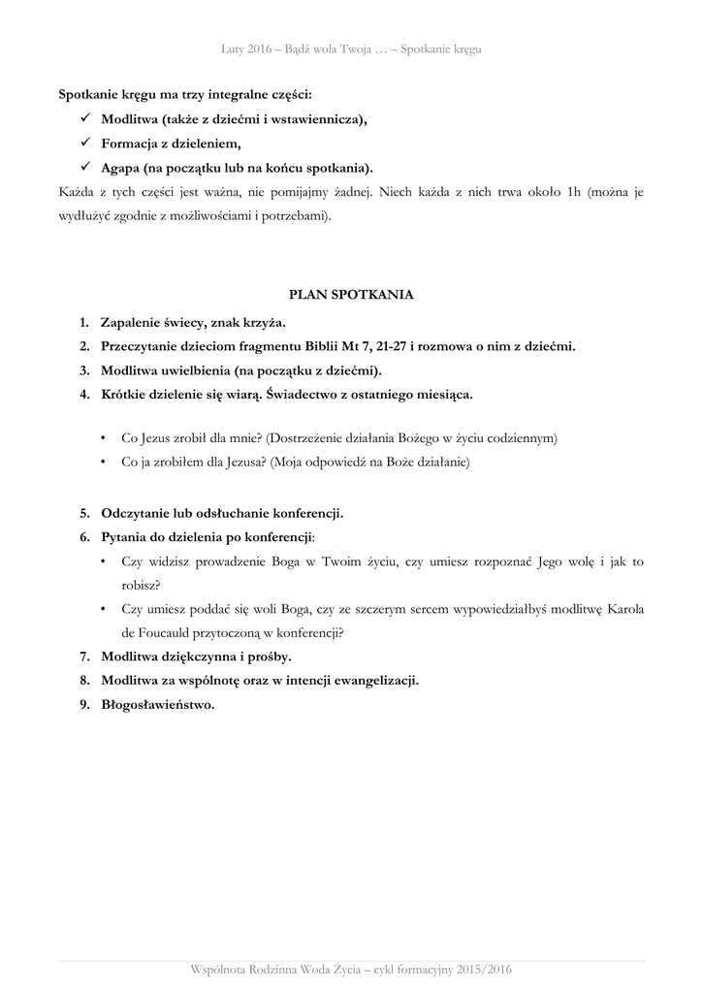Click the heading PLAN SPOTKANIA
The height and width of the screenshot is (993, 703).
[351, 294]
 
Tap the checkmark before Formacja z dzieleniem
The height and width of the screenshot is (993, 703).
[85, 144]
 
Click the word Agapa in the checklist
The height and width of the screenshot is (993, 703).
[121, 168]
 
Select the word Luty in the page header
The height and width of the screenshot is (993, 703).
[234, 49]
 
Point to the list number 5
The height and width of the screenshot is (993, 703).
[84, 512]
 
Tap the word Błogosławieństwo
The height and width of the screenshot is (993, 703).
[157, 705]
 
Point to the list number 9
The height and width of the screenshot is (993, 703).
[84, 705]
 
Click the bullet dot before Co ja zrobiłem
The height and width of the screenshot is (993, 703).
[104, 464]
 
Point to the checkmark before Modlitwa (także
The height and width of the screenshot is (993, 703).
[85, 119]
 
